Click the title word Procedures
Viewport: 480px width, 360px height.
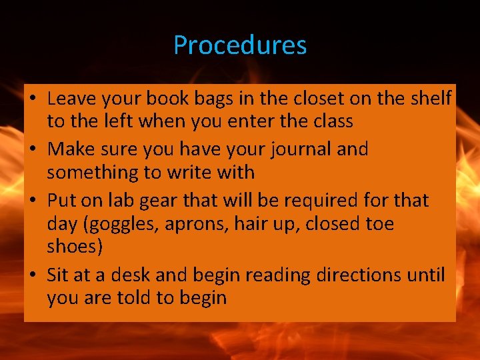[x=240, y=45]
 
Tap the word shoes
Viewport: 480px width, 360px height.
[x=75, y=247]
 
